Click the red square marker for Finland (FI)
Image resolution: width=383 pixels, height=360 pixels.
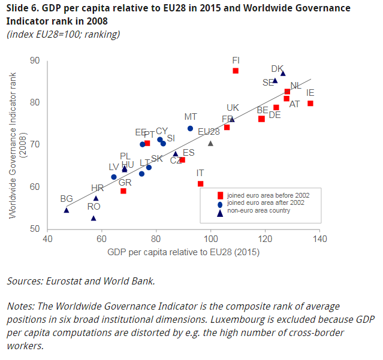click(x=236, y=71)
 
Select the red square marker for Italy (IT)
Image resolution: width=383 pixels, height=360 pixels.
click(x=200, y=183)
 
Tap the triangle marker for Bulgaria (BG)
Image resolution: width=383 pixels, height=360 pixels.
click(x=67, y=210)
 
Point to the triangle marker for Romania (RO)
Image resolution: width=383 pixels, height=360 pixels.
click(x=94, y=218)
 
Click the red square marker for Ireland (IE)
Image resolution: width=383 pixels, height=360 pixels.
click(x=310, y=104)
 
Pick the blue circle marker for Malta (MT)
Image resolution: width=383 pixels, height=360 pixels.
click(x=190, y=128)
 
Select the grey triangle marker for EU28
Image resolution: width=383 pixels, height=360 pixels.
click(x=210, y=143)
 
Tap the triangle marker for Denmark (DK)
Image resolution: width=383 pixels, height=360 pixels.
click(x=283, y=74)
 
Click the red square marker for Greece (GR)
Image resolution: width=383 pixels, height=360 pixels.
click(x=123, y=191)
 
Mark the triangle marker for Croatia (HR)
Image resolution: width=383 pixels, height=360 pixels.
click(x=96, y=198)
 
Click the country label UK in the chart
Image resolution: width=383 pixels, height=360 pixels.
click(x=233, y=108)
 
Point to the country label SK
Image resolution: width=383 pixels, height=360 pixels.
click(x=156, y=159)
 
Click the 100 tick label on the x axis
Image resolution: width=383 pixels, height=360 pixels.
click(x=210, y=240)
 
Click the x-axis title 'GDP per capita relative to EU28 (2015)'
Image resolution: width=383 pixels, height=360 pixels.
click(x=183, y=253)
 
